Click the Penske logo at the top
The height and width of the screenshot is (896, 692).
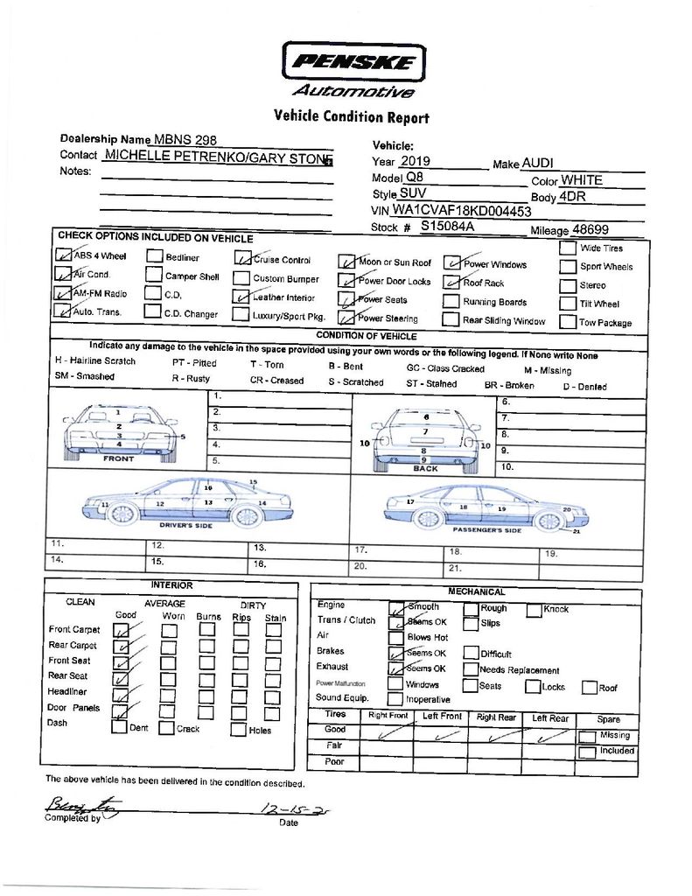[x=353, y=62]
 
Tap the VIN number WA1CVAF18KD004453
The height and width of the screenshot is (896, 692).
[x=461, y=211]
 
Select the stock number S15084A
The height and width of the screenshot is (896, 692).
[x=447, y=226]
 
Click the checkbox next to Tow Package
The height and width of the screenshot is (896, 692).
[x=567, y=322]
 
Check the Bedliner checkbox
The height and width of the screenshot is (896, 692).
[x=154, y=257]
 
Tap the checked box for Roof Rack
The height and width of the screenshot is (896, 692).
[x=451, y=283]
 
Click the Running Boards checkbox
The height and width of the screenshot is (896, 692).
[x=451, y=302]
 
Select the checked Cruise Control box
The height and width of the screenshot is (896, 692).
[x=241, y=259]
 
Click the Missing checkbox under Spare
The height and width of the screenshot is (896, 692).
[x=586, y=736]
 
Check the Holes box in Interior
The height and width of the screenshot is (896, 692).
[x=238, y=729]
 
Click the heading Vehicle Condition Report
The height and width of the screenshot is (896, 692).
[x=352, y=116]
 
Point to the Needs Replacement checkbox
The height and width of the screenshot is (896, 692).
[x=471, y=669]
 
